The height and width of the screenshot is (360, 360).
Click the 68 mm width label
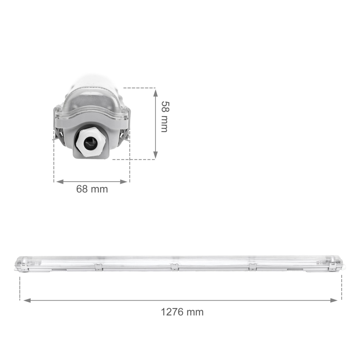[92, 189]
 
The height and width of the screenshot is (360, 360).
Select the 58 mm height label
[164, 117]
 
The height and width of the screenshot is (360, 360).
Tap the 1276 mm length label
[182, 312]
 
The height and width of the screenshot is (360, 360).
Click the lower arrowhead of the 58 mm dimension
[156, 155]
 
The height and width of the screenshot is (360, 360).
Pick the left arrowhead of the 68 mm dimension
[59, 182]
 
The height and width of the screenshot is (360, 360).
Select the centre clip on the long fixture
[174, 267]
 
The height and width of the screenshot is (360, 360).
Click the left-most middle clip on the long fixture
[98, 267]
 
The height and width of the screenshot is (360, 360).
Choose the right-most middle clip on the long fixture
[252, 267]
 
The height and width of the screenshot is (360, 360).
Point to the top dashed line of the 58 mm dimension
[139, 88]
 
